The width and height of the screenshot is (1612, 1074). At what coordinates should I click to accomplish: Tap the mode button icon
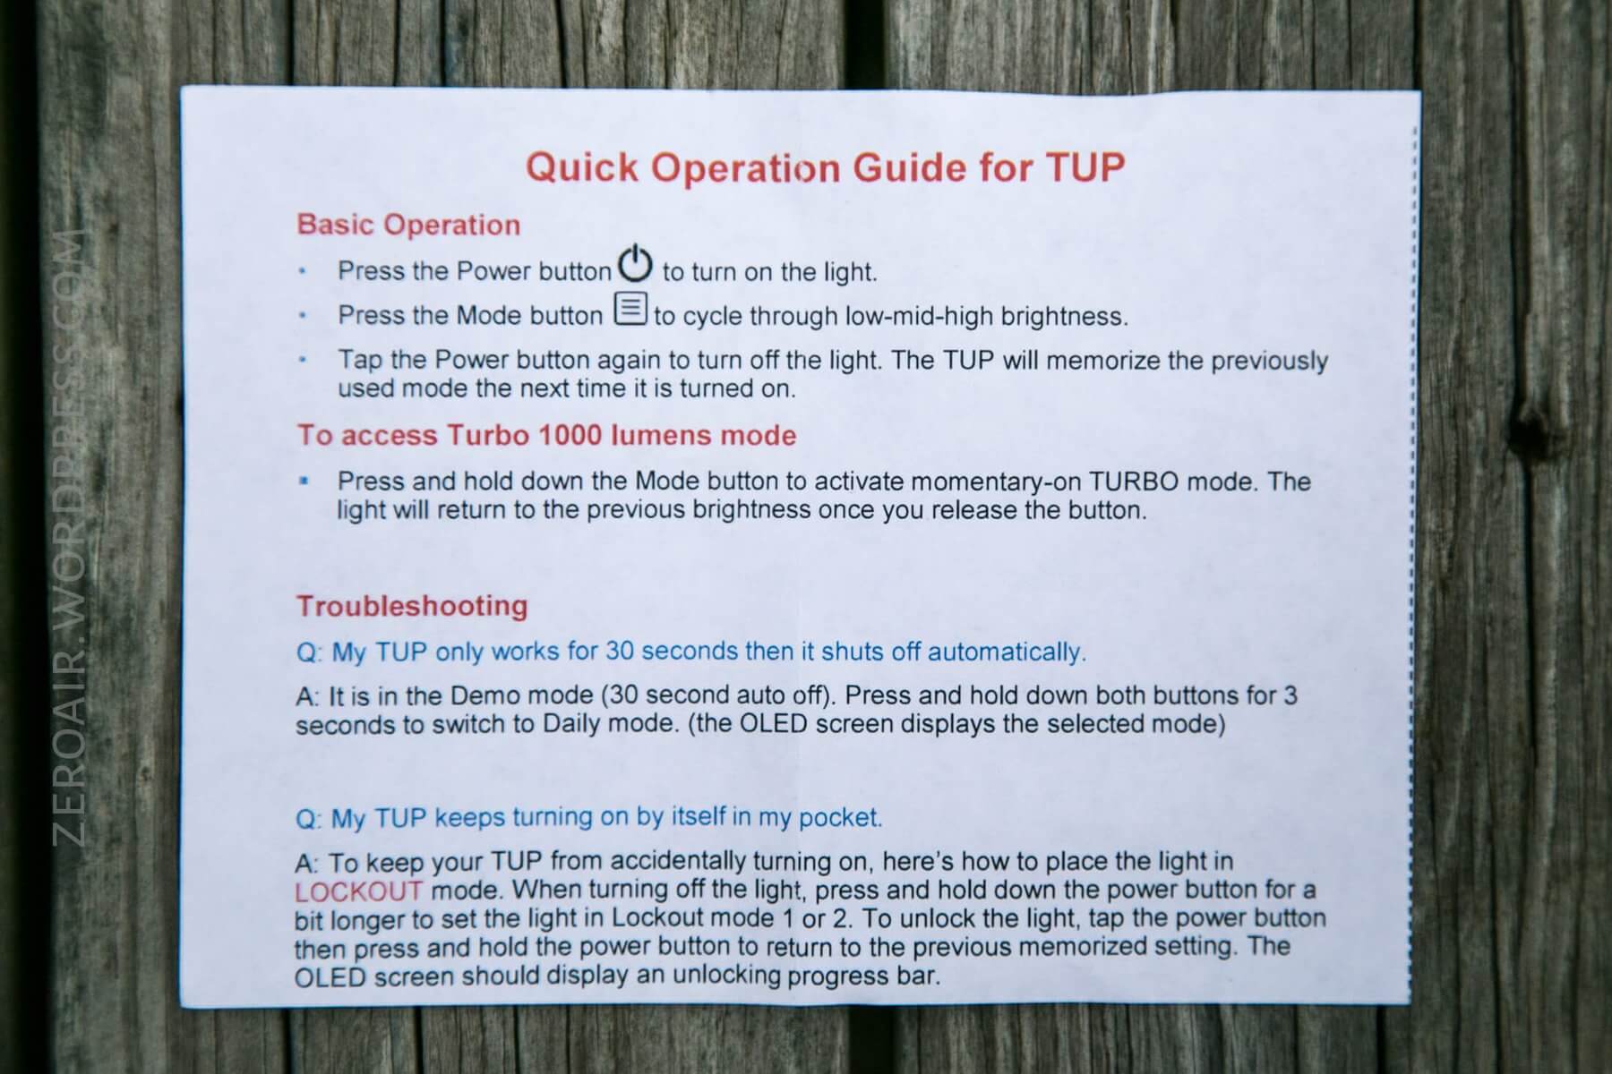(630, 309)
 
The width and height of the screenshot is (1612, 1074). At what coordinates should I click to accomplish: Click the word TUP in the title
(1085, 167)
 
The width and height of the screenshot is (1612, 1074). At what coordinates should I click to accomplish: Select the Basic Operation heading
(408, 224)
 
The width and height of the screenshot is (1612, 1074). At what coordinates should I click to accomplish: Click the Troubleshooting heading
(412, 606)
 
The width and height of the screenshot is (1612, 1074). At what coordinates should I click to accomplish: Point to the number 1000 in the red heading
(570, 435)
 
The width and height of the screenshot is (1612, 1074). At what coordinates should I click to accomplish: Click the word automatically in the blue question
(1007, 652)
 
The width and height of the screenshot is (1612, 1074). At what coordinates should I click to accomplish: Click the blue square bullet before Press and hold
(304, 481)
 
